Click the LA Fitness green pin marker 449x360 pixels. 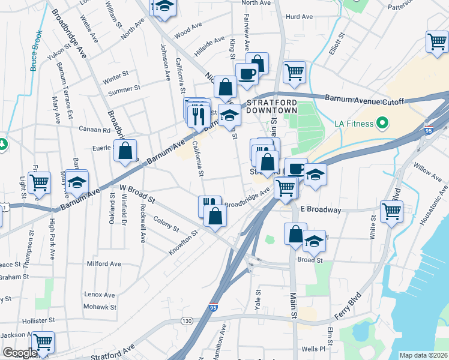click(x=380, y=125)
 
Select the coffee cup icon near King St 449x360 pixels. click(x=247, y=74)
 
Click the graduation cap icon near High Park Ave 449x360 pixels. click(x=77, y=182)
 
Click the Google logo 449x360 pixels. click(x=20, y=353)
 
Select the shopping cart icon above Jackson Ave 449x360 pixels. click(x=43, y=343)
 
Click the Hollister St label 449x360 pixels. click(x=38, y=321)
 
